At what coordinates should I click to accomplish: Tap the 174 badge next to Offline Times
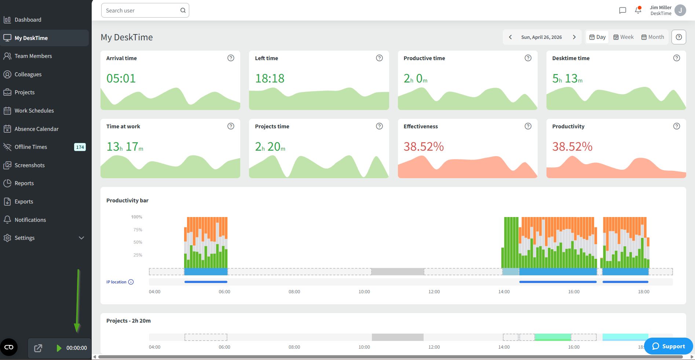[x=80, y=147]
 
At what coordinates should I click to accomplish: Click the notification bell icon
[x=638, y=10]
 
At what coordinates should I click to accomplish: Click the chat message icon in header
[x=622, y=10]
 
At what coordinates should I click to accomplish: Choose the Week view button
[x=623, y=37]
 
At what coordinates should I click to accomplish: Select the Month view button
[x=652, y=37]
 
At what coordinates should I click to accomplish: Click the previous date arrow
[x=510, y=37]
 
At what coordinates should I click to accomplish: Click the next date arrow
[x=574, y=37]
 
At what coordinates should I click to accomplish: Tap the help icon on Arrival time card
[x=231, y=58]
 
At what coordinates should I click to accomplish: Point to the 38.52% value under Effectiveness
[x=424, y=147]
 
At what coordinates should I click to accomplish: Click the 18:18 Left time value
[x=270, y=78]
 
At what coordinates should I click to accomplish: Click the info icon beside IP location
[x=131, y=282]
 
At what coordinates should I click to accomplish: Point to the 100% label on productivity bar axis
[x=136, y=217]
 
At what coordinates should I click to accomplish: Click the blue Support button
[x=668, y=346]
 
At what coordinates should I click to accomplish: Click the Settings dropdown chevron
[x=81, y=238]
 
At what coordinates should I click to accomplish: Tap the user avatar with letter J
[x=680, y=10]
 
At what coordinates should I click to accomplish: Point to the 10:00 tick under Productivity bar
[x=364, y=292]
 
